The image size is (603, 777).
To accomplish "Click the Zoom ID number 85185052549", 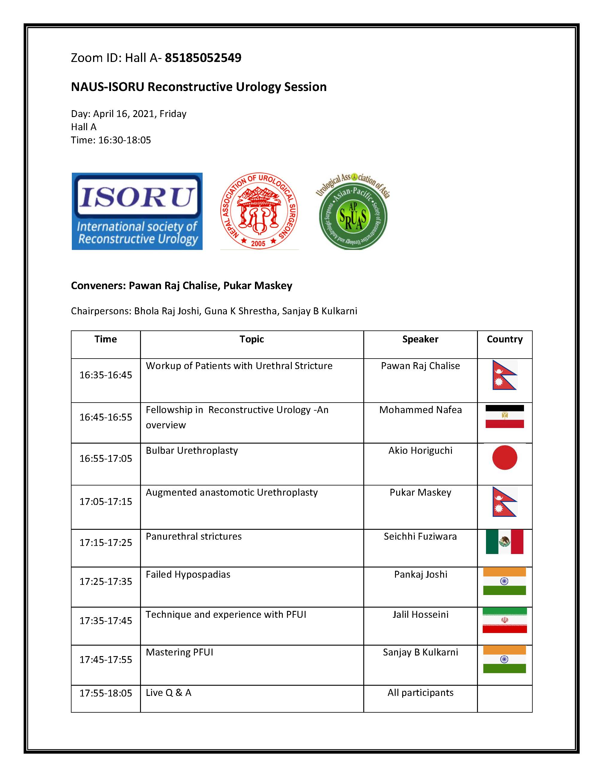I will coord(203,58).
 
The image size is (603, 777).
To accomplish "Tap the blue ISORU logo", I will coord(137,211).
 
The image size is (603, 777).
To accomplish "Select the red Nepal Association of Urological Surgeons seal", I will coord(259,211).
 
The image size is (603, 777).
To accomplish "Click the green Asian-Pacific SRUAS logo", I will coord(353,212).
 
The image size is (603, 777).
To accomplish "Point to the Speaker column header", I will coord(420,339).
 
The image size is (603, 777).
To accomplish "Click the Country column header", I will coord(505,339).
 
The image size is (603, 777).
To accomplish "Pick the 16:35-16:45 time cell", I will coord(106,375).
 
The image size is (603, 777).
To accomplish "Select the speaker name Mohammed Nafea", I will coord(420,410).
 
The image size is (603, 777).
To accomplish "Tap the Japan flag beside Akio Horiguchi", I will coord(505,458).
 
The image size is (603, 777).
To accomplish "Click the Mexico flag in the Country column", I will coord(505,542).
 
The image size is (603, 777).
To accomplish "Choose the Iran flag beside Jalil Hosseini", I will coord(505,620).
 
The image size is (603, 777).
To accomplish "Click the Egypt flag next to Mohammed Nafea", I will coord(505,416).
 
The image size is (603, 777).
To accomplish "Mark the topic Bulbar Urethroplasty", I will coord(192,450).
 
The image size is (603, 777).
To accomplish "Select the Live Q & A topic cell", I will coord(168,692).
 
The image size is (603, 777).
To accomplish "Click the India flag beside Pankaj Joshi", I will coord(505,581).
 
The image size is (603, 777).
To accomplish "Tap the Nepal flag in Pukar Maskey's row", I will coord(505,502).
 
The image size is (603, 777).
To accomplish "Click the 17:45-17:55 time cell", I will coord(106,660).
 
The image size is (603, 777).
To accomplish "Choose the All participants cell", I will coord(420,692).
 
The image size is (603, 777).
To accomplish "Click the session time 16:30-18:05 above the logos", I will coord(124,140).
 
